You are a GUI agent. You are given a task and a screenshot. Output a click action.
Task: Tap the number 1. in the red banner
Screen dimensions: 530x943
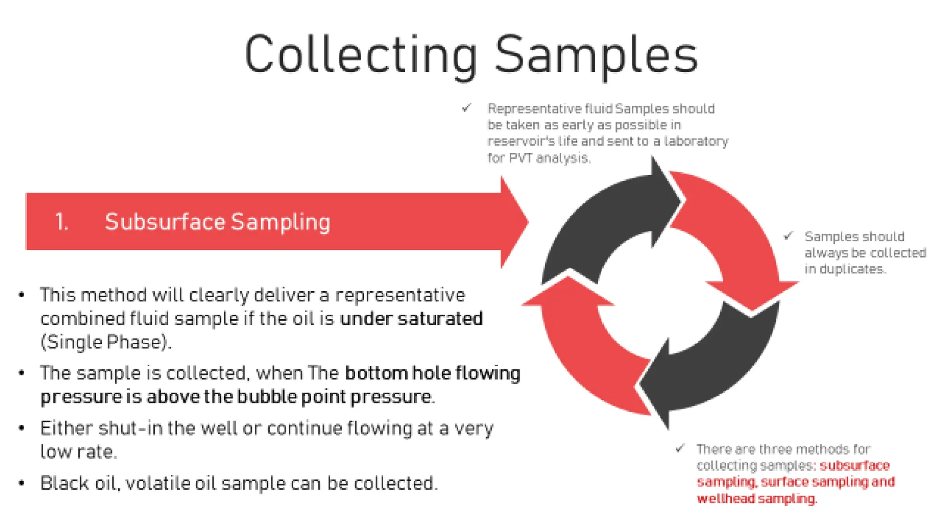tap(62, 222)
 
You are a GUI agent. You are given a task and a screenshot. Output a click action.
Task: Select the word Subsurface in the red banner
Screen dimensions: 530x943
tap(165, 222)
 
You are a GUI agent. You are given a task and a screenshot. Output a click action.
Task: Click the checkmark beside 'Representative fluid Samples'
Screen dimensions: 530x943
tap(466, 108)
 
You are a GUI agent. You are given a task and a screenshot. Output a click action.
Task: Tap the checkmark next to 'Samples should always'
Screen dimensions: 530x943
tap(788, 236)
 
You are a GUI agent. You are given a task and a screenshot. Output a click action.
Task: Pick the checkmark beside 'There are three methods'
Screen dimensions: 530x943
tap(680, 448)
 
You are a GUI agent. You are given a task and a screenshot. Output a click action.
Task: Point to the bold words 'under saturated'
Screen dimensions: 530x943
tap(411, 318)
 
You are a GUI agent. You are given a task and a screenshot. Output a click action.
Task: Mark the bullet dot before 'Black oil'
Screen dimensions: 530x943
tap(21, 484)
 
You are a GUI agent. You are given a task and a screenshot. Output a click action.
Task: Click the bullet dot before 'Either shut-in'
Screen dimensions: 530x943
tap(21, 428)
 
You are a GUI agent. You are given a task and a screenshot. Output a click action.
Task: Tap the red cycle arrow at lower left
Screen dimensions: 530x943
tap(585, 350)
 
